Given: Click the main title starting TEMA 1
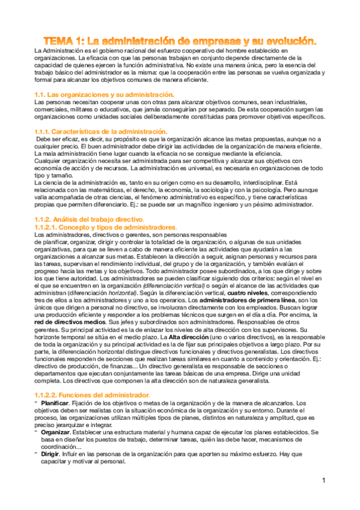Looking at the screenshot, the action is click(180, 41).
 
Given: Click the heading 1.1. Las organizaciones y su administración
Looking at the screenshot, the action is click(104, 95).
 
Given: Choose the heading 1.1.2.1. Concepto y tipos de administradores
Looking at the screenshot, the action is click(106, 228).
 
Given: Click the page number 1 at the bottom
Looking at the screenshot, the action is click(323, 481).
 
